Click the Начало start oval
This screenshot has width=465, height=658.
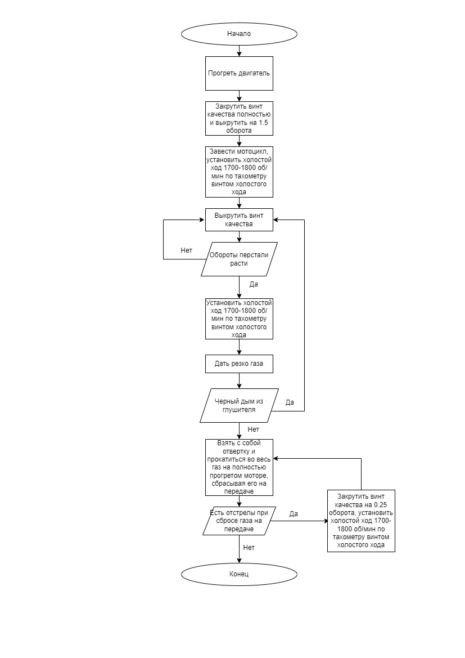click(x=239, y=34)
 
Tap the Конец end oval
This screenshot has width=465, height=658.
click(x=239, y=574)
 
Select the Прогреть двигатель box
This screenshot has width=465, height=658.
click(x=239, y=73)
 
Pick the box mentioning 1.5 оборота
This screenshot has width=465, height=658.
click(x=239, y=118)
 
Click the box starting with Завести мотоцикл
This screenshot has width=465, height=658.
click(x=239, y=172)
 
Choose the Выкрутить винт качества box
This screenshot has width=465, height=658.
click(x=239, y=220)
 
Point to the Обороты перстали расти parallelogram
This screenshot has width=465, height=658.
click(x=239, y=259)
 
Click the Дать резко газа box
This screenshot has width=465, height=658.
click(x=239, y=364)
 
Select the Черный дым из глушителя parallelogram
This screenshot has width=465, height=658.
click(x=239, y=405)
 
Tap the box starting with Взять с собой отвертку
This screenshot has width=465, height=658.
click(x=239, y=467)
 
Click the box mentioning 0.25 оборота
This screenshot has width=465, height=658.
click(x=361, y=521)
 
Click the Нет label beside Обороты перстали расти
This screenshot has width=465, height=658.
click(x=187, y=250)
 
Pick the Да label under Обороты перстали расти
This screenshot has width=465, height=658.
click(x=254, y=284)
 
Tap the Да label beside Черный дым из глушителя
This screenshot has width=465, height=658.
click(x=290, y=402)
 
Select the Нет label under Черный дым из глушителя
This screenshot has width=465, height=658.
click(x=254, y=429)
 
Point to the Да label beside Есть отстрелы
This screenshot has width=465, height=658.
click(x=294, y=514)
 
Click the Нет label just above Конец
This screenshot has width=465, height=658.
click(x=249, y=548)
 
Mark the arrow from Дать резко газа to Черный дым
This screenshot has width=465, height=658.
click(x=239, y=381)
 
